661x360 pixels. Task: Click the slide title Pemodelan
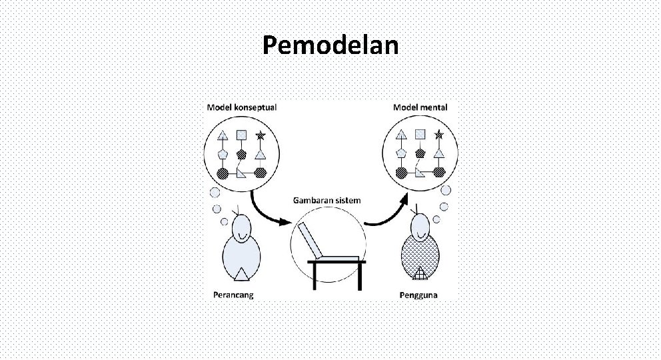(x=330, y=45)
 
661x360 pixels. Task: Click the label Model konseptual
(x=241, y=107)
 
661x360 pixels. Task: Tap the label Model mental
(x=420, y=107)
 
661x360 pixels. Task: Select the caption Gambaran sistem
(x=327, y=201)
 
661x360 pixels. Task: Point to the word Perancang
(x=233, y=295)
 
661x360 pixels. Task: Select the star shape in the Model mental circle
(x=438, y=135)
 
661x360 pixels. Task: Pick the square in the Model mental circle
(x=420, y=135)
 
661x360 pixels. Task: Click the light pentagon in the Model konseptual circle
(x=224, y=153)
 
